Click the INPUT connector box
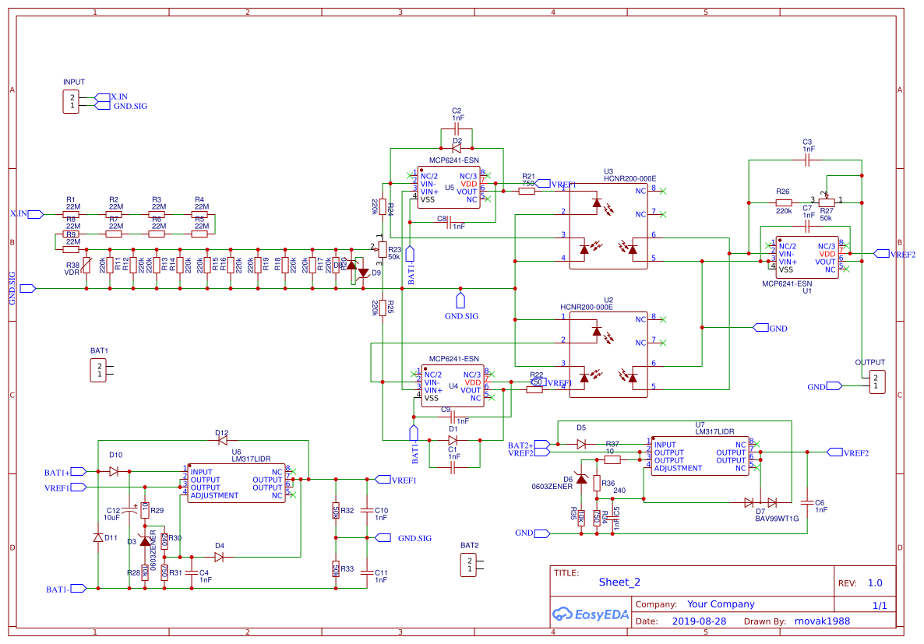click(x=71, y=101)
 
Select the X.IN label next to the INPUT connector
click(x=118, y=97)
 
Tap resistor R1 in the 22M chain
click(x=72, y=213)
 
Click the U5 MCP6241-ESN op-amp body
click(x=449, y=188)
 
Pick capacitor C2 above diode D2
click(x=457, y=128)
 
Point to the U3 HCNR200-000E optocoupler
click(x=608, y=226)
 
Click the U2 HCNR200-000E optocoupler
click(x=608, y=354)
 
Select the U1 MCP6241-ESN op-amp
click(x=806, y=258)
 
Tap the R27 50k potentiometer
click(x=827, y=202)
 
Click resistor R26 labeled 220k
click(x=784, y=202)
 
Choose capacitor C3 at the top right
click(x=807, y=160)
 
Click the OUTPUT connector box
click(x=876, y=382)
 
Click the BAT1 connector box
click(x=98, y=370)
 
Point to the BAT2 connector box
click(x=468, y=565)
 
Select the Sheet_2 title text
click(x=619, y=582)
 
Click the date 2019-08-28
click(x=698, y=621)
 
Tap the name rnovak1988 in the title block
click(x=822, y=621)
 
